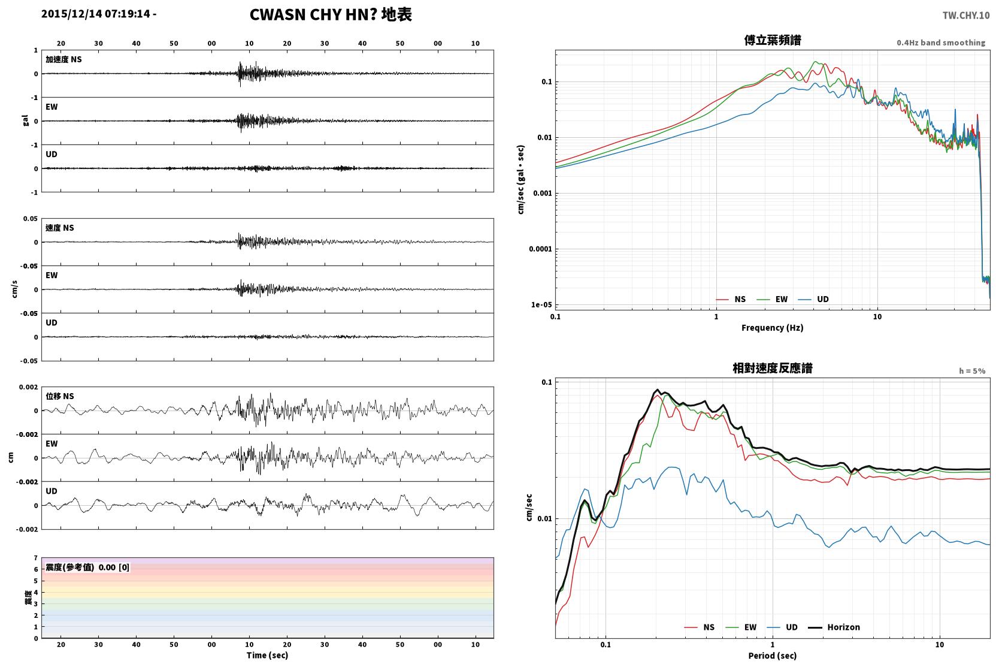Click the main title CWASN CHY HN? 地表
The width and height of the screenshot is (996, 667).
(331, 15)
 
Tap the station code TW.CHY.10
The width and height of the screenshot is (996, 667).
(966, 16)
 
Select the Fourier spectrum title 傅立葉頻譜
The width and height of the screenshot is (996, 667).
(773, 40)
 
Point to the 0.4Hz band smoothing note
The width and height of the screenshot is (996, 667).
(941, 43)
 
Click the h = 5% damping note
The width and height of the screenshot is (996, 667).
(972, 370)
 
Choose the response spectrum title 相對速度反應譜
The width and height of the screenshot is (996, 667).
(773, 368)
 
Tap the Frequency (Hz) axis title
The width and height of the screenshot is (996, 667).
(773, 328)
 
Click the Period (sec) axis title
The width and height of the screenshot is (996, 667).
(773, 656)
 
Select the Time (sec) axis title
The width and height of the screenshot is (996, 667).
(267, 655)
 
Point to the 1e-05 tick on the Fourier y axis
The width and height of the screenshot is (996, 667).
(541, 305)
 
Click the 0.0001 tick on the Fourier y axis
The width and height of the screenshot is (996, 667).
(540, 249)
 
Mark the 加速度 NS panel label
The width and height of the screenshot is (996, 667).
(63, 59)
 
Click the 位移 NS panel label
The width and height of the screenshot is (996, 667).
(59, 396)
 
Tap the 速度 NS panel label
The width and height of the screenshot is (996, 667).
(59, 228)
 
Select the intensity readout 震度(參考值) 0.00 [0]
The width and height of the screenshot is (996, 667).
(87, 568)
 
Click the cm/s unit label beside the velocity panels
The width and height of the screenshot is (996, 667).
(14, 289)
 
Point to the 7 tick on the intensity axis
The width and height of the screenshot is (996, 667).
(35, 558)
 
